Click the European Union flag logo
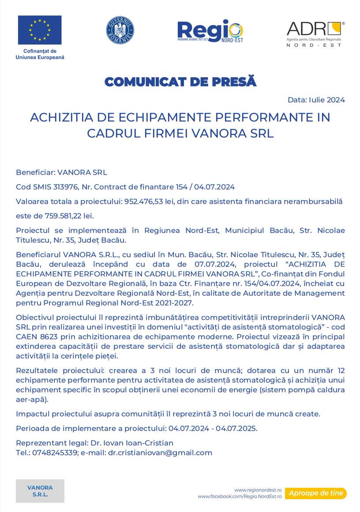tap(40, 30)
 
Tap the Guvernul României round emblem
tap(120, 30)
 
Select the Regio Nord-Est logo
tap(210, 31)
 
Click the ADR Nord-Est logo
tap(315, 34)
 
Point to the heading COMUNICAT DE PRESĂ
tap(180, 82)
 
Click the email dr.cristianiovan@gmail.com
tap(160, 452)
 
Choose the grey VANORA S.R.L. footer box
tap(40, 491)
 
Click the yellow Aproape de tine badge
tap(316, 493)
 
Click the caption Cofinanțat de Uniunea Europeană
tap(40, 54)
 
